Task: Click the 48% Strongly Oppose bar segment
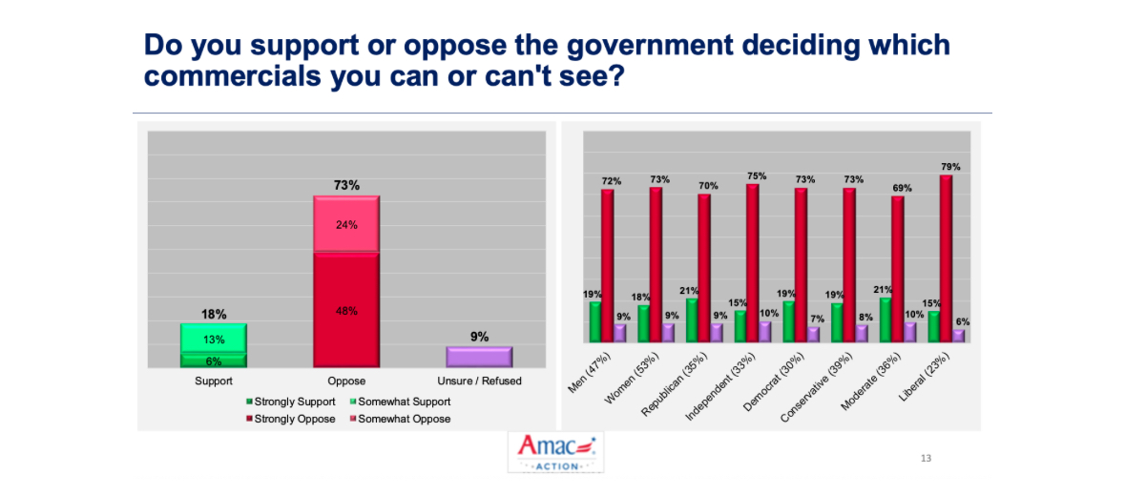point(346,310)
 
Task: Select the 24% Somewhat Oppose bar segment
point(346,225)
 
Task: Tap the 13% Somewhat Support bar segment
point(214,339)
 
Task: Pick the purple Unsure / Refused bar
point(479,357)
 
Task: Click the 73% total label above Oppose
point(346,185)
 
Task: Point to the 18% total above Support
point(214,313)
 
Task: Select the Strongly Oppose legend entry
point(293,419)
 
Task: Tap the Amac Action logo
point(555,452)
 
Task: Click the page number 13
point(926,459)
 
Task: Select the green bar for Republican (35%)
point(692,320)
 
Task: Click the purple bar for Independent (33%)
point(765,331)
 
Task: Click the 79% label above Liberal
point(949,167)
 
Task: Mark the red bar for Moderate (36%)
point(897,268)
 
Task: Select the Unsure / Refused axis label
point(479,382)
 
